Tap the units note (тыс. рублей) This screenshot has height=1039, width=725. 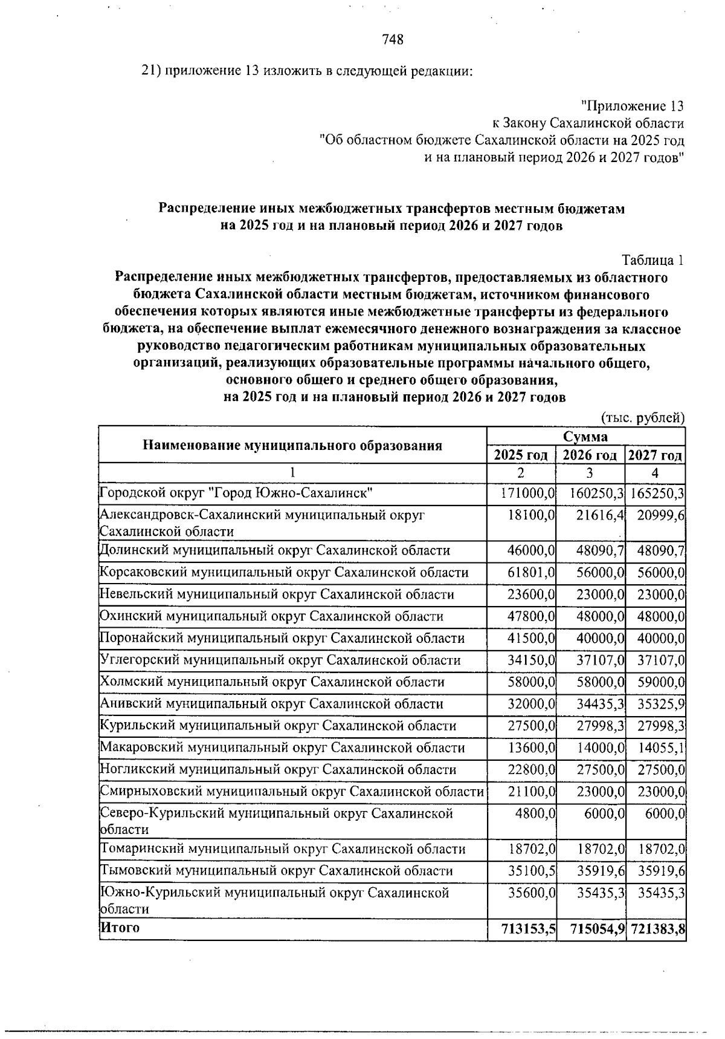click(642, 418)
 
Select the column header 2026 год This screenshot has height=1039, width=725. click(590, 455)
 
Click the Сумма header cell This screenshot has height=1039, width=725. click(585, 437)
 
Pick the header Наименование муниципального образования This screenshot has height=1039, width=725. click(292, 446)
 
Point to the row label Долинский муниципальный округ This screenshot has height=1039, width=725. click(275, 551)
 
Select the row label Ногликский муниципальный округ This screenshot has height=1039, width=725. click(278, 770)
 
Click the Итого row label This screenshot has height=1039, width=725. click(120, 928)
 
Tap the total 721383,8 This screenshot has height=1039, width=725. click(658, 930)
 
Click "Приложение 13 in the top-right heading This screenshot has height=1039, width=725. click(632, 106)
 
